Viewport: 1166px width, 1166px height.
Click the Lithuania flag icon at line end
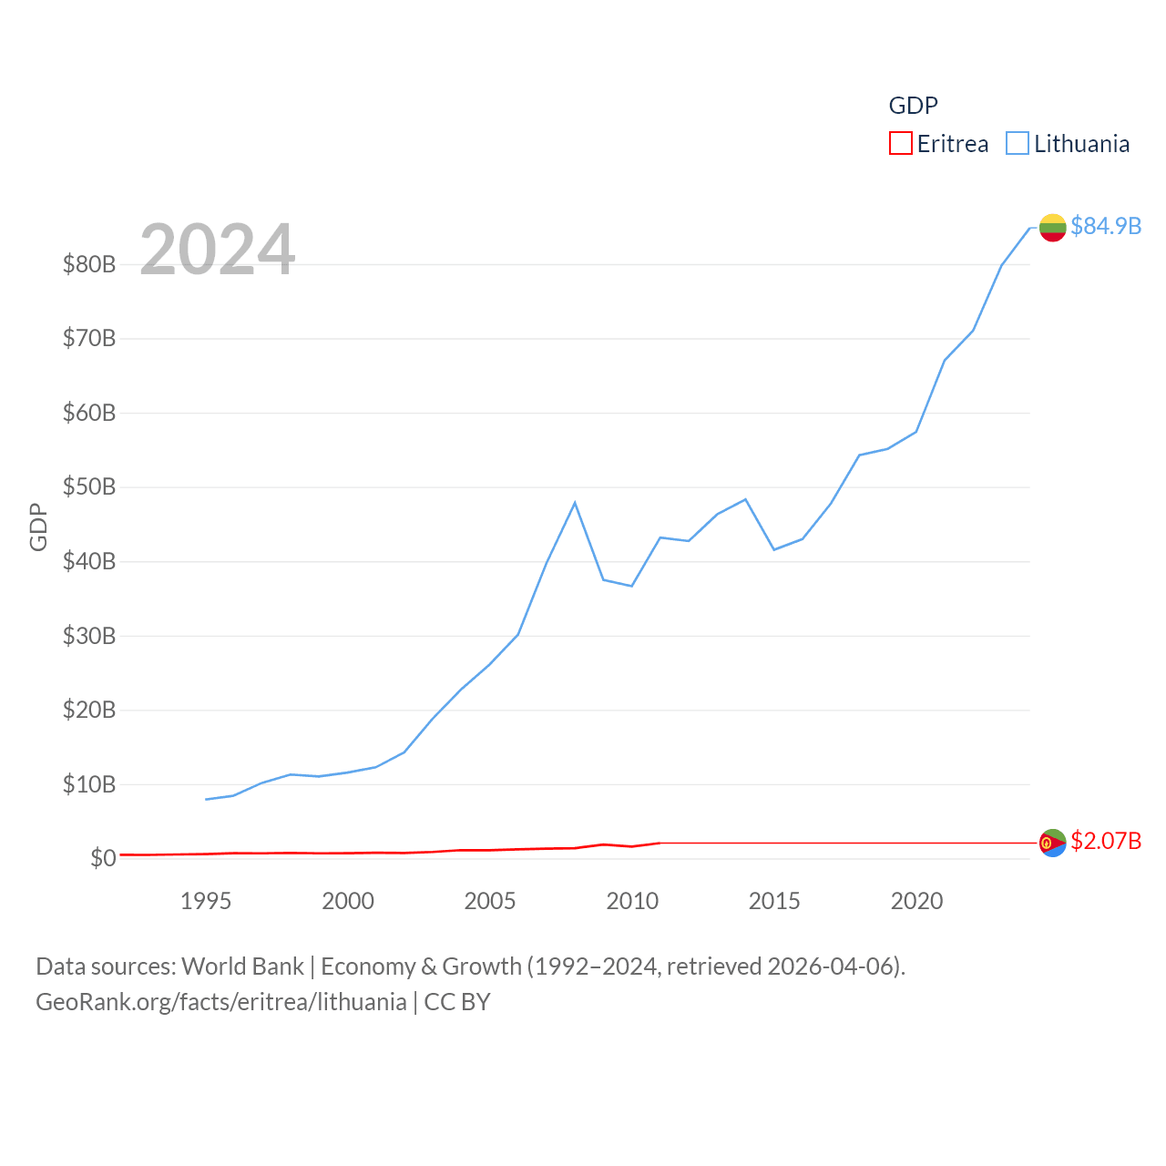pyautogui.click(x=1052, y=228)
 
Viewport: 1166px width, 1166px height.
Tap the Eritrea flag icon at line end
pyautogui.click(x=1052, y=843)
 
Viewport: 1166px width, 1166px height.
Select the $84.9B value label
pyautogui.click(x=1106, y=226)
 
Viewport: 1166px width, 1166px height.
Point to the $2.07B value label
pyautogui.click(x=1106, y=841)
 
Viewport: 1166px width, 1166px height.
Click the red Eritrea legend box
pyautogui.click(x=900, y=144)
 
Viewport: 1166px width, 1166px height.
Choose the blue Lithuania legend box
pyautogui.click(x=1017, y=144)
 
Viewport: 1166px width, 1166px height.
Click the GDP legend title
pyautogui.click(x=913, y=106)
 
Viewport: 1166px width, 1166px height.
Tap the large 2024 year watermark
pyautogui.click(x=218, y=250)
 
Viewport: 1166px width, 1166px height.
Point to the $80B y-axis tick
pyautogui.click(x=89, y=264)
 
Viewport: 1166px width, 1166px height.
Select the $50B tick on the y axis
pyautogui.click(x=89, y=487)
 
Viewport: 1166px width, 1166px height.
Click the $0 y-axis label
pyautogui.click(x=103, y=858)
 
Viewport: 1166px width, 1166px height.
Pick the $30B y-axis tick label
pyautogui.click(x=89, y=636)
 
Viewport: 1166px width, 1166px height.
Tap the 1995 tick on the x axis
pyautogui.click(x=206, y=901)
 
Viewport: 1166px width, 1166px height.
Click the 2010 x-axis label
pyautogui.click(x=632, y=901)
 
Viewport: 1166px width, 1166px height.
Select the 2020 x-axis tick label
pyautogui.click(x=916, y=901)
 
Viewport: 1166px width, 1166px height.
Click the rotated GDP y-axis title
pyautogui.click(x=38, y=527)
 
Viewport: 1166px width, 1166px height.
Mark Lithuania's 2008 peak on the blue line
pyautogui.click(x=575, y=503)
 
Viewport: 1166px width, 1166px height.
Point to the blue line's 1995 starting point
pyautogui.click(x=207, y=799)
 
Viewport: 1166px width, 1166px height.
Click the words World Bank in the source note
pyautogui.click(x=242, y=966)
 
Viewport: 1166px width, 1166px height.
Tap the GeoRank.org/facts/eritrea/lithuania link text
pyautogui.click(x=221, y=1002)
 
